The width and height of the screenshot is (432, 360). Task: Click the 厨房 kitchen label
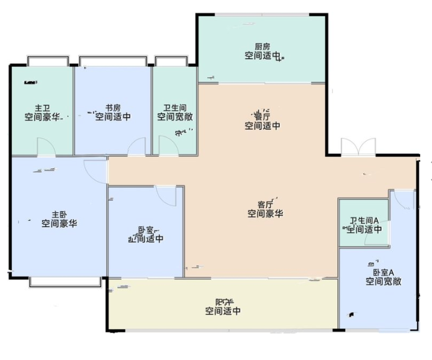click(x=262, y=47)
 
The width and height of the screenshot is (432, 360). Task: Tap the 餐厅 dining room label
click(x=262, y=116)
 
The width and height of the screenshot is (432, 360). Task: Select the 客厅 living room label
click(x=266, y=204)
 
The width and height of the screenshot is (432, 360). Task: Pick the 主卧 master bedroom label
click(x=60, y=214)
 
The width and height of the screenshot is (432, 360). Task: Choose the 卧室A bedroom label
click(x=383, y=272)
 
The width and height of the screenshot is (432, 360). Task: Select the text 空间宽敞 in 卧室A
click(x=383, y=281)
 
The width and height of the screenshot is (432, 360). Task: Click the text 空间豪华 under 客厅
click(x=266, y=214)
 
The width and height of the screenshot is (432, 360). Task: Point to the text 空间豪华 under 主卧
click(x=60, y=223)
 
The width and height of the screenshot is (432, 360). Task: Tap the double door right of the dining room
click(x=358, y=147)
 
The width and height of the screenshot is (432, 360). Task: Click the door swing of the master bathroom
click(x=46, y=147)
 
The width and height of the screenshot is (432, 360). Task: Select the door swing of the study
click(x=137, y=148)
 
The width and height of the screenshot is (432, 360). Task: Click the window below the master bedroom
click(x=65, y=281)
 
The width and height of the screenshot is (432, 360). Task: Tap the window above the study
click(x=113, y=61)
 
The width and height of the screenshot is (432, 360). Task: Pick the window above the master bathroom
click(x=48, y=61)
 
